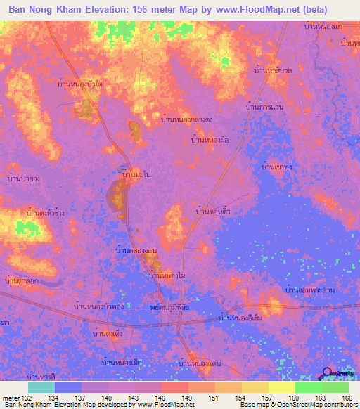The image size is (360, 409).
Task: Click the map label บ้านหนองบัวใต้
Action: [81, 84]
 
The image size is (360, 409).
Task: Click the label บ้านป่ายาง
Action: [22, 178]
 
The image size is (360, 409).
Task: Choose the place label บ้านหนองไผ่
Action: [167, 277]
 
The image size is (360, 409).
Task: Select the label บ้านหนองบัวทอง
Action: [101, 307]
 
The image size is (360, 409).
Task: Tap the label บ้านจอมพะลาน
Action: [309, 290]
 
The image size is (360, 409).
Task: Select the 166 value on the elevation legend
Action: [344, 398]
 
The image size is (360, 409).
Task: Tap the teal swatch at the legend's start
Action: [41, 387]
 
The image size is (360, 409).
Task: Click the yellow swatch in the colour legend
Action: [282, 387]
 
